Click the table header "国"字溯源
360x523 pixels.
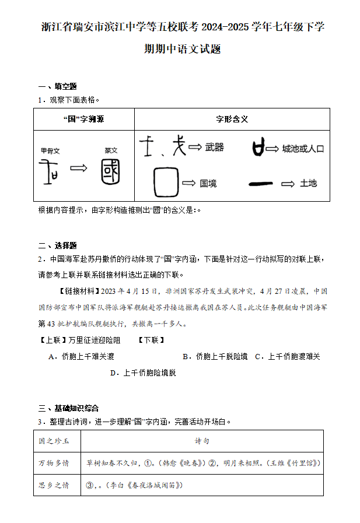coord(83,119)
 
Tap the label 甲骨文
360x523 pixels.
coord(50,150)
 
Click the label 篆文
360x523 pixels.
coord(111,150)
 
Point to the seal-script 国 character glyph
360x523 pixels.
coord(111,171)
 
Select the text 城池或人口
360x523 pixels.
coord(303,149)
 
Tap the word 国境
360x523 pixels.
coord(208,184)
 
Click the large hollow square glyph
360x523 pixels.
coord(165,183)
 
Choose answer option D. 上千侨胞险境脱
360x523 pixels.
coord(143,373)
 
